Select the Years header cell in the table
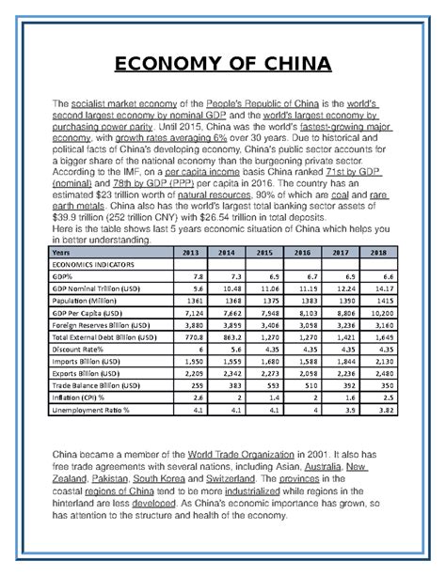coord(61,253)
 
